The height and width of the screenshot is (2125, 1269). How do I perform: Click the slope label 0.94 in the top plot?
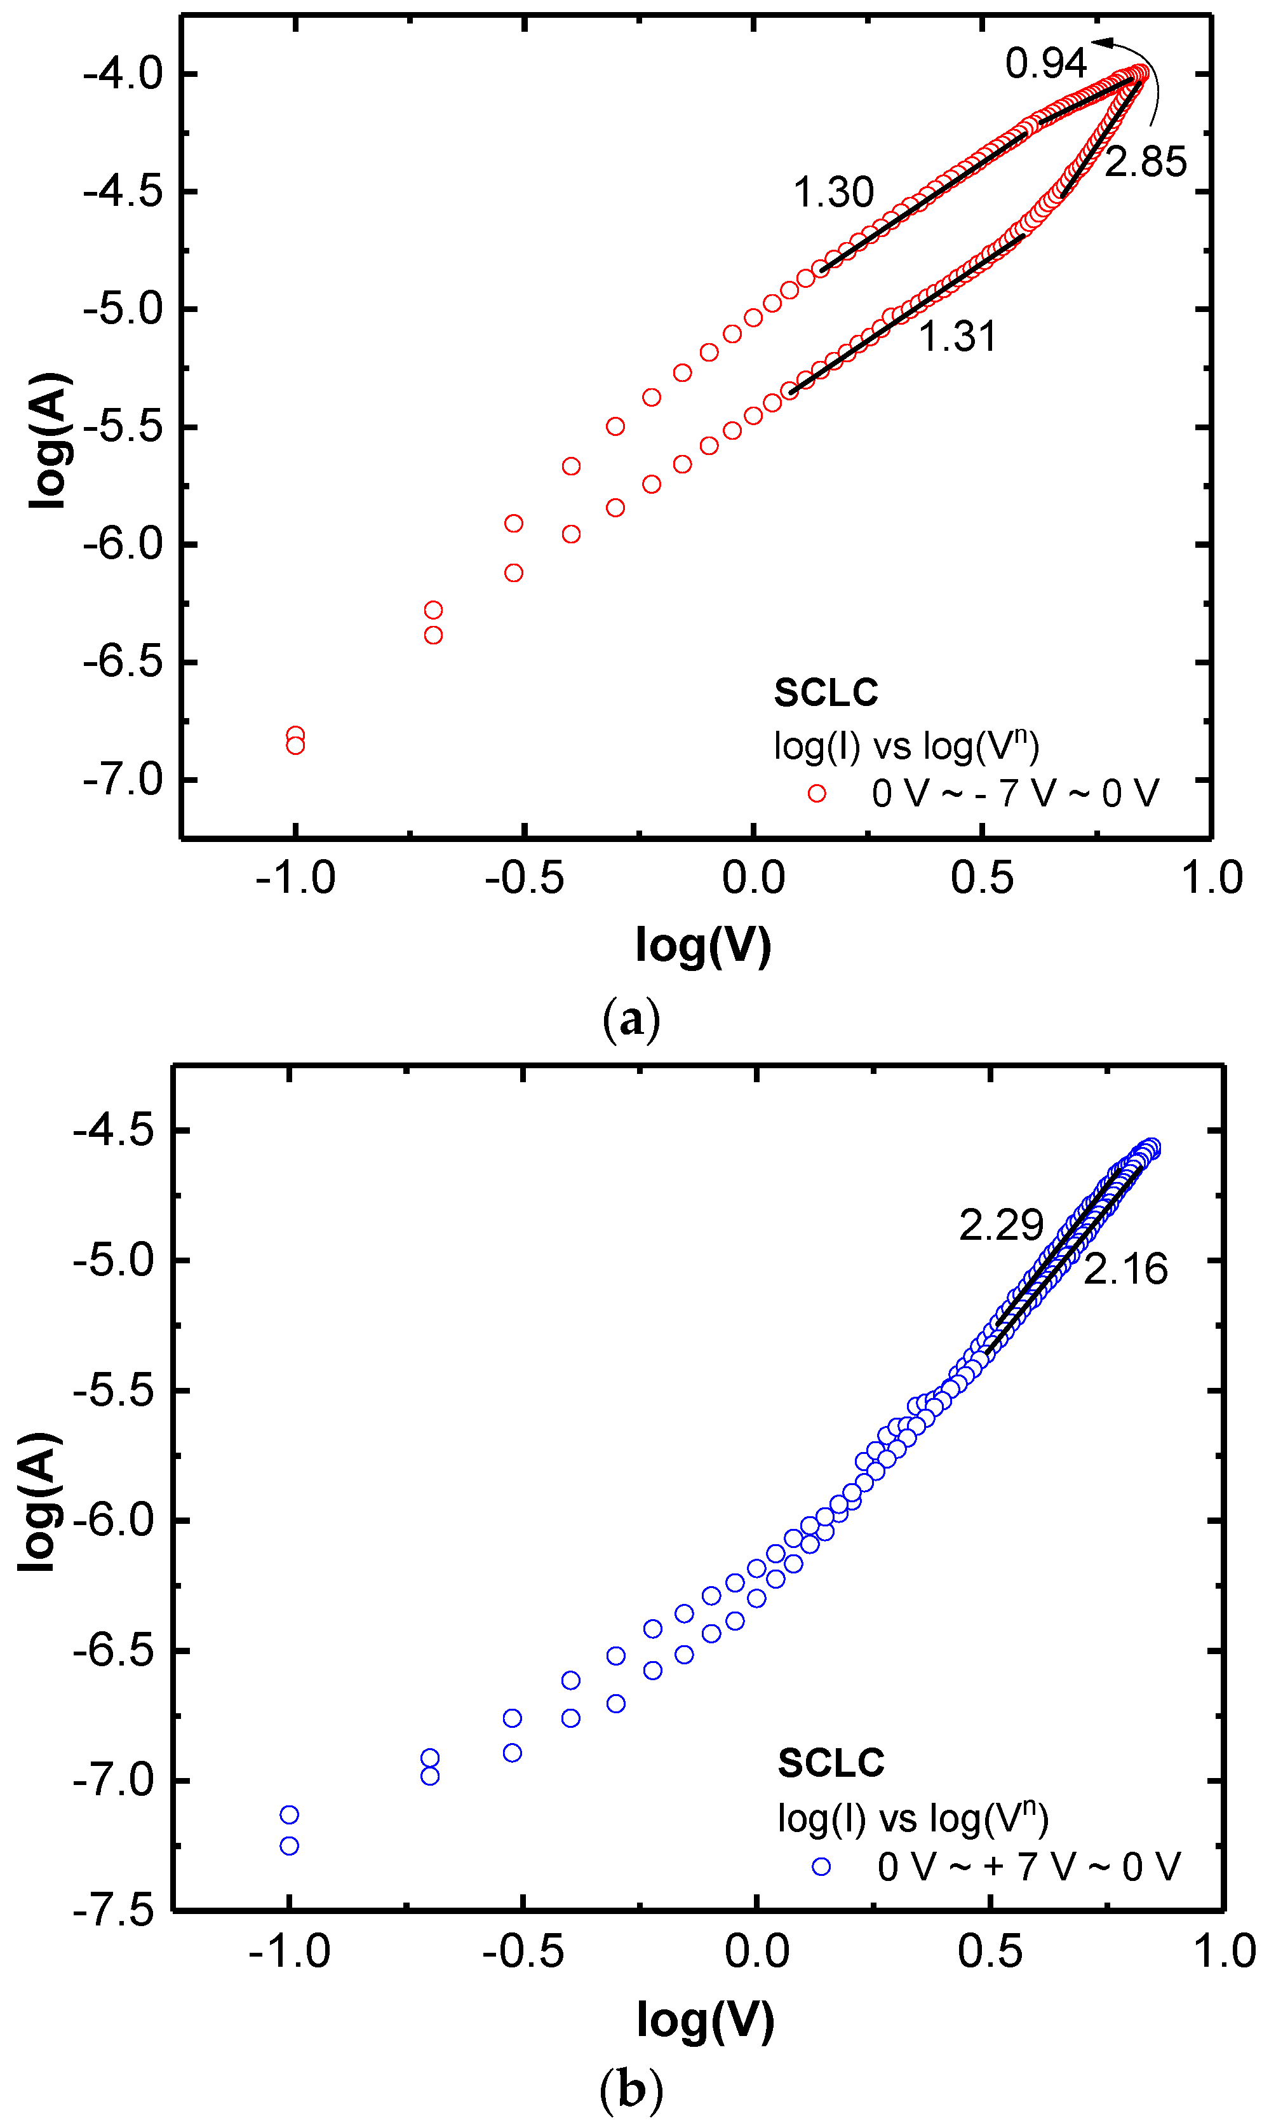point(1045,64)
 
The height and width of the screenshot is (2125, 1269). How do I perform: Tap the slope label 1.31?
point(957,337)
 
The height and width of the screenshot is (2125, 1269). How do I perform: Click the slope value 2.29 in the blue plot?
point(1000,1226)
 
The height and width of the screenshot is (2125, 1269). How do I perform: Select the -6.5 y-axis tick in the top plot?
point(123,663)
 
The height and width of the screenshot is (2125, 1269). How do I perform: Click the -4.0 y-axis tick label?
point(123,74)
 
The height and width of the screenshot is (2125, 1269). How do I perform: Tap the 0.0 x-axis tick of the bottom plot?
point(756,1952)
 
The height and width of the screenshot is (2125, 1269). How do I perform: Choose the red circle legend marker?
point(817,794)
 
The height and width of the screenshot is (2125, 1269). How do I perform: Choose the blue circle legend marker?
point(821,1866)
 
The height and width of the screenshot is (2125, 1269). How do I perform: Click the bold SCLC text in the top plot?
point(825,693)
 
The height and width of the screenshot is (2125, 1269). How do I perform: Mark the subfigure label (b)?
point(631,2091)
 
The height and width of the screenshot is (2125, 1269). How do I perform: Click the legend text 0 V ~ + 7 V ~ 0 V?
point(1028,1866)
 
